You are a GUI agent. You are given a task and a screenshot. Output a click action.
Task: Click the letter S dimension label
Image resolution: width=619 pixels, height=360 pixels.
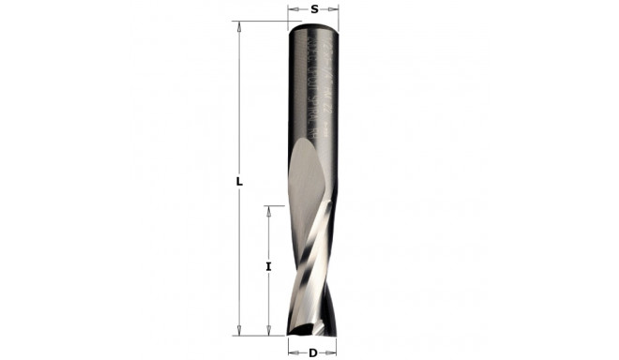pos(313,8)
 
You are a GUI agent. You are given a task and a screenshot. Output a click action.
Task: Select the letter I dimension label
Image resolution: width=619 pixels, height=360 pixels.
pos(269,267)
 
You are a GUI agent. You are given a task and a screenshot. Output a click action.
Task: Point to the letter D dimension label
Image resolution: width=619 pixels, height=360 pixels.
pos(312,352)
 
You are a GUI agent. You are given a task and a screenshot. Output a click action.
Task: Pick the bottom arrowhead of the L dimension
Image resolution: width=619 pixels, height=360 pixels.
pos(240,328)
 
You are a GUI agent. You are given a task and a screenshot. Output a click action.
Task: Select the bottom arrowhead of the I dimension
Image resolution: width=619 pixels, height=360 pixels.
pos(269,328)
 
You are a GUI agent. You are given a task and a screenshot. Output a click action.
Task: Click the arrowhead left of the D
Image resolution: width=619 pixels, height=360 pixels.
pos(289,352)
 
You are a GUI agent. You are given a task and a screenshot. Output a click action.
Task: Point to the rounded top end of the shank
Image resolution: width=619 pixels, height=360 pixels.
pos(313,24)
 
